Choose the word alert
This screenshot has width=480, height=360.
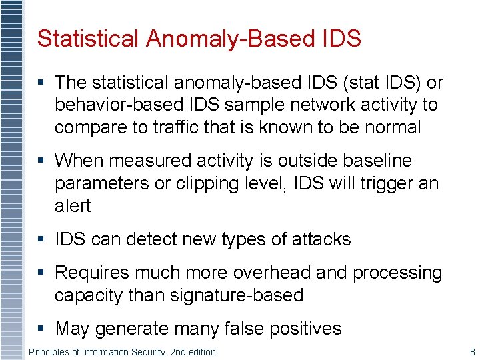73,205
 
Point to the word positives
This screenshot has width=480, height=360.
308,328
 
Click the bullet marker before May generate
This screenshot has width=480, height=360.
41,328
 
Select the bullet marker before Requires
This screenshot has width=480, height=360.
41,273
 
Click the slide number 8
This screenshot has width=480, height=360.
472,351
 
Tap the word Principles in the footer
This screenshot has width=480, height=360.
49,351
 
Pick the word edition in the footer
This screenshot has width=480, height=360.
200,351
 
